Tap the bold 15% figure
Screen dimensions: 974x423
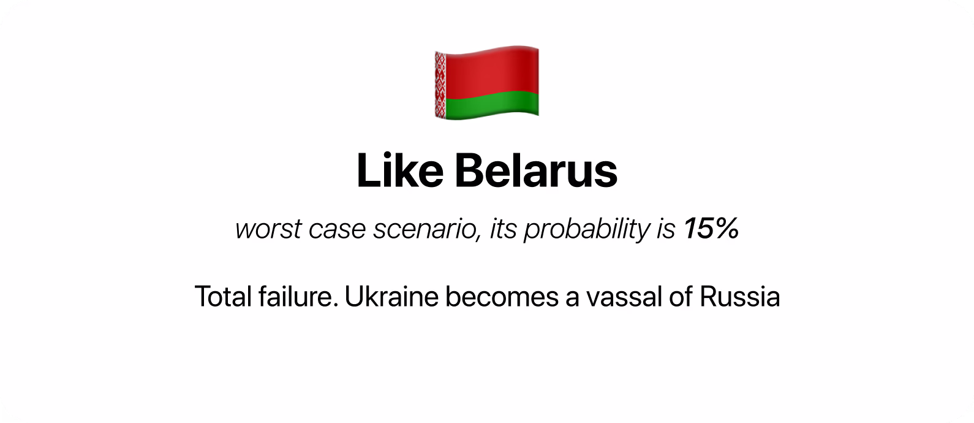[711, 229]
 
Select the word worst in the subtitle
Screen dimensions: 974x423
[268, 229]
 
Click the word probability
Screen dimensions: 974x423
[587, 229]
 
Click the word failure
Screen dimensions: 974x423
[298, 297]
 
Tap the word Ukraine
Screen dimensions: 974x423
[391, 297]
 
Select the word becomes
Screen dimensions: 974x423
[502, 297]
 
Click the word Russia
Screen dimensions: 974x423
[739, 297]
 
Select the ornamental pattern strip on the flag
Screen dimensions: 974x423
[440, 85]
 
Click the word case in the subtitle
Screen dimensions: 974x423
[337, 229]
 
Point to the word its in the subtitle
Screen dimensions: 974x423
[503, 229]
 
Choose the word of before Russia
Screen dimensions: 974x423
[681, 297]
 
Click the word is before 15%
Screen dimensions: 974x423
[666, 229]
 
